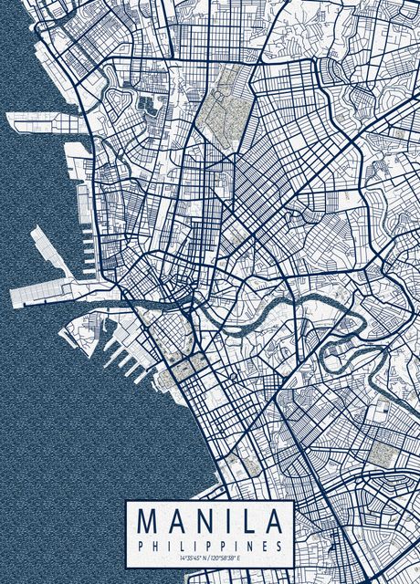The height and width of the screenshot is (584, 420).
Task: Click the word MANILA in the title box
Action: click(209, 523)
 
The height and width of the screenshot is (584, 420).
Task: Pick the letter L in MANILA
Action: click(245, 523)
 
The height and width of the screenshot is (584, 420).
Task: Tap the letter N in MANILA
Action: click(198, 523)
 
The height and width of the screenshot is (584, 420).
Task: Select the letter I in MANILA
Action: click(222, 523)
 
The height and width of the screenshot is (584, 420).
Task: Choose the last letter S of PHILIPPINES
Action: click(278, 545)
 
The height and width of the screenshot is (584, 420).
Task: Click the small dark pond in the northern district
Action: click(146, 103)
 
